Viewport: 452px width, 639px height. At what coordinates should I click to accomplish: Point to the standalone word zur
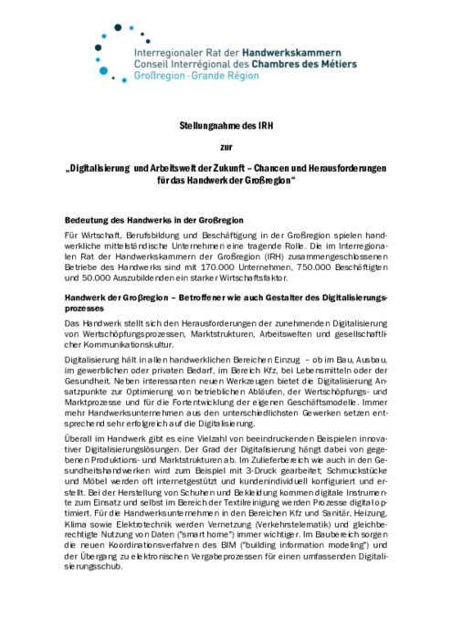click(226, 146)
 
